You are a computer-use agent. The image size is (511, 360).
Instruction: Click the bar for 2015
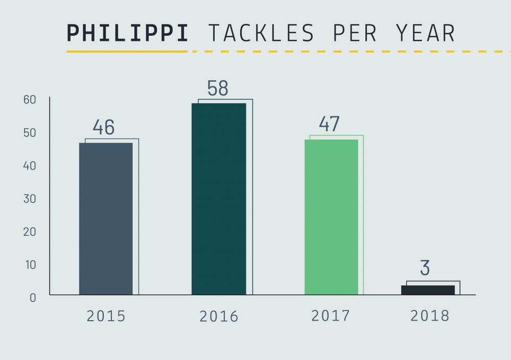pos(106,219)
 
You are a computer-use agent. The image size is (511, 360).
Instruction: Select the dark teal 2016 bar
pos(219,199)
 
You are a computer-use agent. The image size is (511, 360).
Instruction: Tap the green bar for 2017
pos(331,217)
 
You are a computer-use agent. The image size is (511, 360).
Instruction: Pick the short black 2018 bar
pos(428,290)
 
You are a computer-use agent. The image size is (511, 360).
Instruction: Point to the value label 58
pos(218,88)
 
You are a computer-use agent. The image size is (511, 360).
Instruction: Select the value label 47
pos(330,124)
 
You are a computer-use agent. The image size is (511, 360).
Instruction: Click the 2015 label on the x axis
pos(106,316)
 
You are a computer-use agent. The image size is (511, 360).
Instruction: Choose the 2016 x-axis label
pos(219,317)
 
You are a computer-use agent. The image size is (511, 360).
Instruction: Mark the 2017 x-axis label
pos(331,316)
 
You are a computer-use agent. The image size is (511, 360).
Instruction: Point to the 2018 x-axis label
pos(430,316)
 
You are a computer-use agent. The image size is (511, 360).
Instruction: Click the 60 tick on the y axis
pos(30,100)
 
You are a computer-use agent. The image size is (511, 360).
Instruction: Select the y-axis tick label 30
pos(30,199)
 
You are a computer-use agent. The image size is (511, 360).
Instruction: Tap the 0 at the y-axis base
pos(33,297)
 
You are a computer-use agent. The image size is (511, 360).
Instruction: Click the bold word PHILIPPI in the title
pos(128,33)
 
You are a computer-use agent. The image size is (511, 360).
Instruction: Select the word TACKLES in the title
pos(261,33)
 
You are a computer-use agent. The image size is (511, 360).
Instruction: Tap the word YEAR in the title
pos(425,33)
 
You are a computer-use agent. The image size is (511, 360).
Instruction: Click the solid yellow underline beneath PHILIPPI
pos(127,52)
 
